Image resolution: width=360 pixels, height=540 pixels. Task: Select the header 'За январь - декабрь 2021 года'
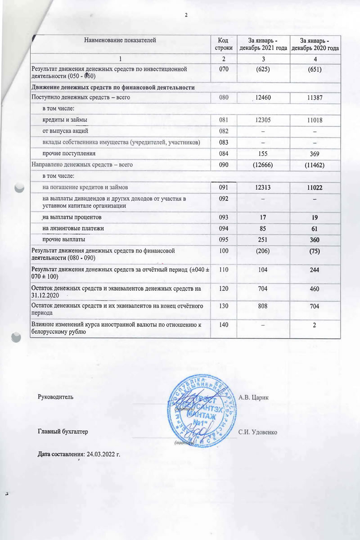click(x=263, y=44)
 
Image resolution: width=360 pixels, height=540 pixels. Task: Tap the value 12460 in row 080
click(x=263, y=97)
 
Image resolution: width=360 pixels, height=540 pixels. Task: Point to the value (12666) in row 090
click(x=263, y=165)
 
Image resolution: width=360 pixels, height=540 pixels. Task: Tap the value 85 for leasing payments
click(x=263, y=229)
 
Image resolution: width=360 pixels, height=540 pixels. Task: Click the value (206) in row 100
click(x=263, y=251)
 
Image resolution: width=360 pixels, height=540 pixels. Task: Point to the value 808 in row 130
click(x=263, y=306)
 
